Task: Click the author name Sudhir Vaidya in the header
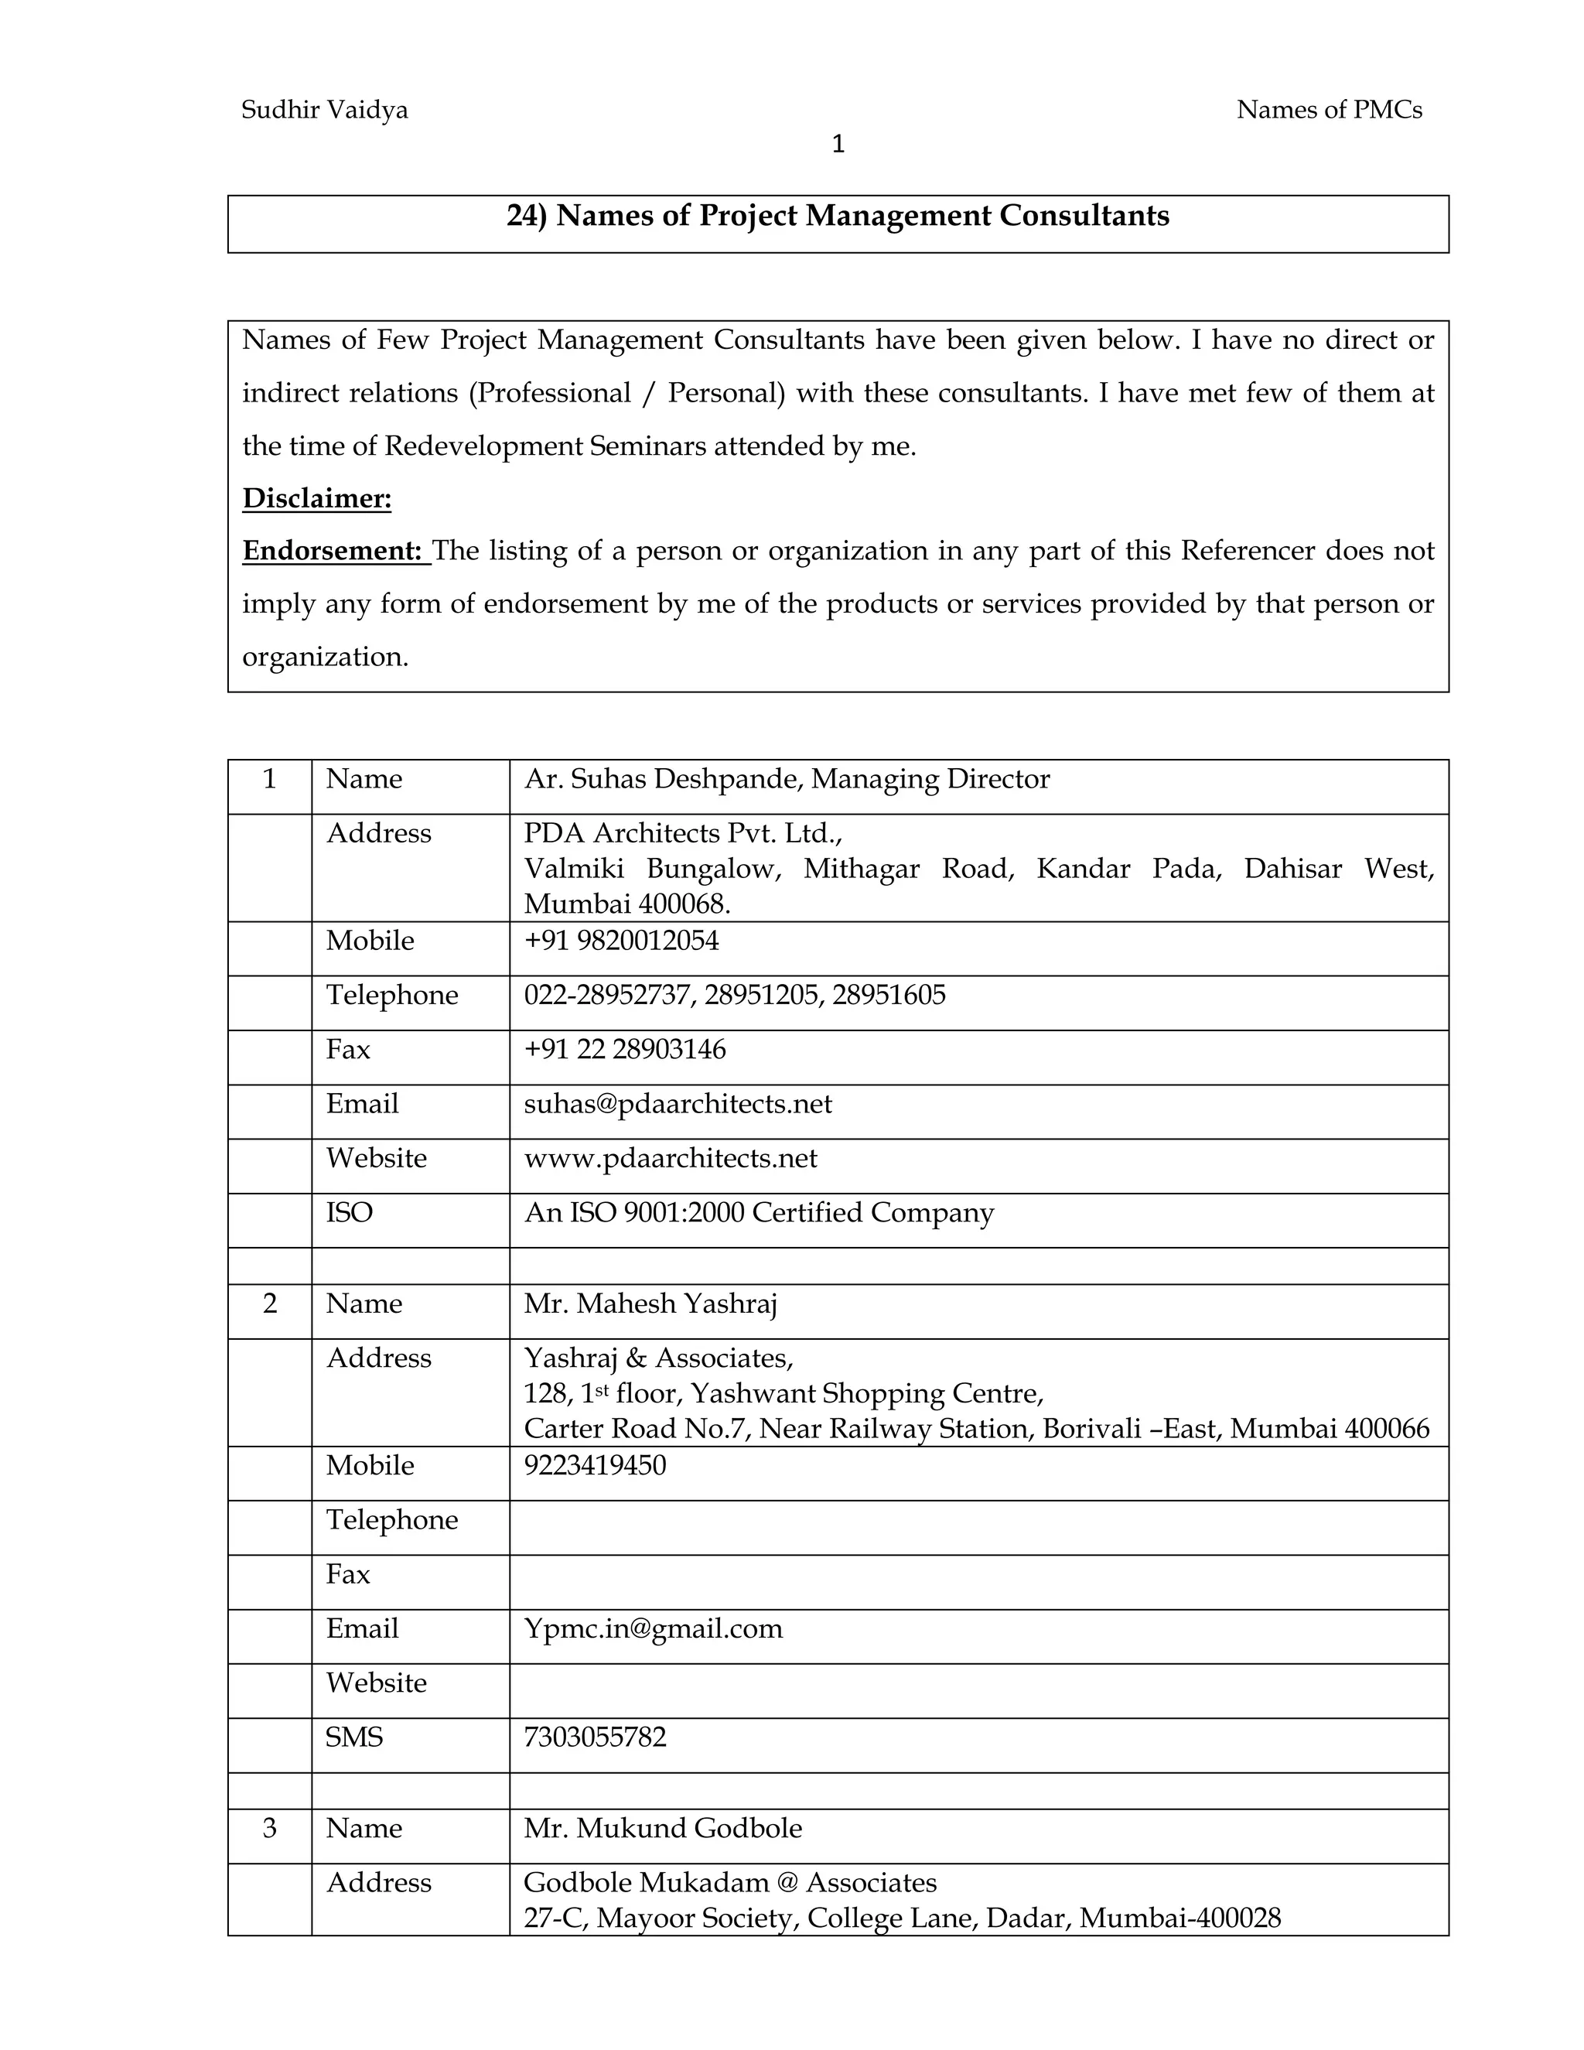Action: tap(324, 110)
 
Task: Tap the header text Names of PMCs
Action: tap(1328, 110)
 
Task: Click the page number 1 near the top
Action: tap(838, 145)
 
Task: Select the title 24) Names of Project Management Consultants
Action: tap(837, 216)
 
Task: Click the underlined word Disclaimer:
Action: tap(316, 497)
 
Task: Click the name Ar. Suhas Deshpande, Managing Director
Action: tap(787, 779)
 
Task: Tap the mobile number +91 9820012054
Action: tap(620, 941)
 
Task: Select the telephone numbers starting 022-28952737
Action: tap(734, 995)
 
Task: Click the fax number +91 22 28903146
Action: tap(624, 1050)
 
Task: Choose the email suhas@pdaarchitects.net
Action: tap(678, 1104)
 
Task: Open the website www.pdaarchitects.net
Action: tap(670, 1158)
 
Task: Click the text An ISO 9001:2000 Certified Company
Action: tap(758, 1213)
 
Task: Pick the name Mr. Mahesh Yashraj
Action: tap(650, 1303)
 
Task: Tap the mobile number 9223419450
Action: tap(594, 1465)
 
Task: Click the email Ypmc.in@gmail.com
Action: tap(652, 1628)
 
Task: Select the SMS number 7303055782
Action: tap(594, 1737)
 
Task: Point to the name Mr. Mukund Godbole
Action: tap(663, 1829)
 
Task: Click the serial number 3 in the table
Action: tap(269, 1829)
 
